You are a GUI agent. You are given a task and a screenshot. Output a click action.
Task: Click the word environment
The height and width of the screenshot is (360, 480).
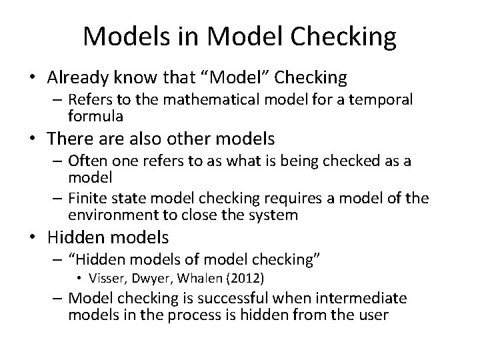point(110,216)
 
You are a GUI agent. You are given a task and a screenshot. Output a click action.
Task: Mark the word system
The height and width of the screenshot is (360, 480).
point(271,216)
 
